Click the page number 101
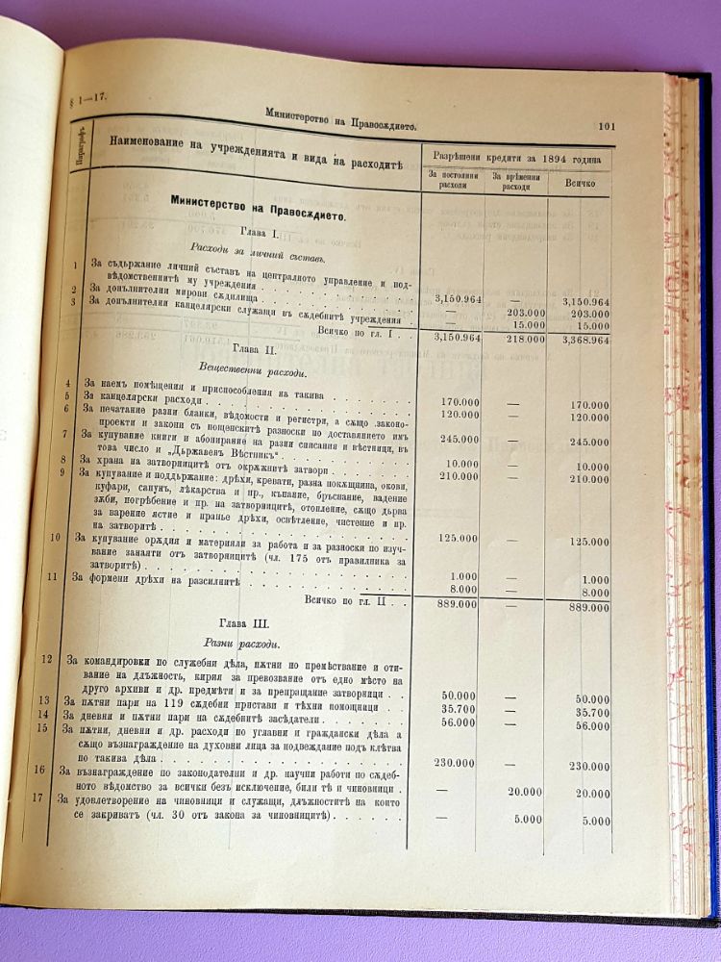click(606, 125)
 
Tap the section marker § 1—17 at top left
click(87, 99)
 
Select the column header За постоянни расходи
click(448, 181)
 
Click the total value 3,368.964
click(583, 340)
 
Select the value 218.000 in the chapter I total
click(514, 338)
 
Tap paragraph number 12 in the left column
click(47, 659)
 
